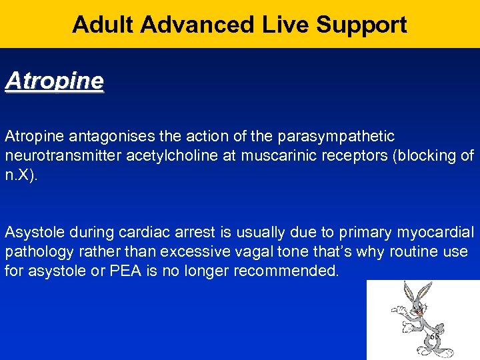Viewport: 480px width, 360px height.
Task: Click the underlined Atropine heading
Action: point(55,81)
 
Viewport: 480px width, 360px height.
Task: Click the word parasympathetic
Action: point(339,137)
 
